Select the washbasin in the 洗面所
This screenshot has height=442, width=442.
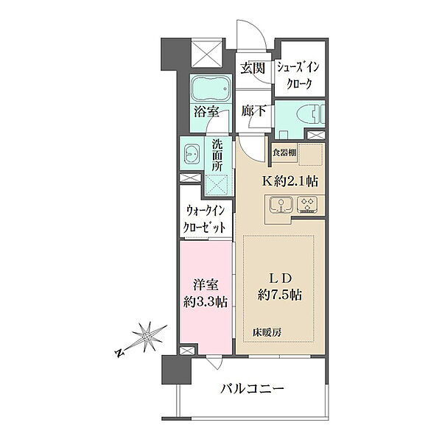[x=192, y=154]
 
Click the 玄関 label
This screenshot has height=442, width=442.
[x=253, y=69]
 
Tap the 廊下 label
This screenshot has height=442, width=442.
[x=253, y=111]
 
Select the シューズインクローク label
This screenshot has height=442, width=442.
[x=299, y=75]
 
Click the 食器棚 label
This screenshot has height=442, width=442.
[x=284, y=152]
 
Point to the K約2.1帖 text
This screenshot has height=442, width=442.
[x=290, y=181]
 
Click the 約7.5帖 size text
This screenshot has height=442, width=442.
[x=279, y=295]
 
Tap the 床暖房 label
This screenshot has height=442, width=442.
[x=267, y=333]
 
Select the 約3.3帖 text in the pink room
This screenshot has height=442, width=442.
[x=206, y=303]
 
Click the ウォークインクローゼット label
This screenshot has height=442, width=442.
[x=206, y=219]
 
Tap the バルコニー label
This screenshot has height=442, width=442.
[x=252, y=390]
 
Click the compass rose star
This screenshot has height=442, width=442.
[x=147, y=337]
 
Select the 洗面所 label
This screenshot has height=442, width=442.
[x=217, y=155]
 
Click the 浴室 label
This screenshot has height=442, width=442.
[x=206, y=112]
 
